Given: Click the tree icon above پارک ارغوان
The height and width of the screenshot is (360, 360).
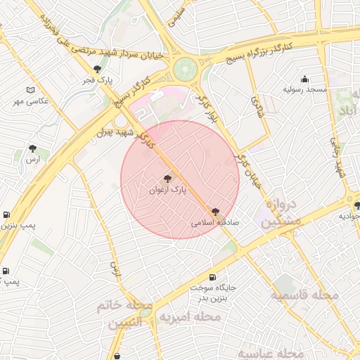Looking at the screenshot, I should point(167,179).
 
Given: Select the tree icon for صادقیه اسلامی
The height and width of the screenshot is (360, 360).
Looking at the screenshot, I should point(215,210).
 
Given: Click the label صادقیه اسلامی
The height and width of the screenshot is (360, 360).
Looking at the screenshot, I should point(215,221).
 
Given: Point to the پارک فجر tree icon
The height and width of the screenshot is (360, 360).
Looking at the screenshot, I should point(97,69).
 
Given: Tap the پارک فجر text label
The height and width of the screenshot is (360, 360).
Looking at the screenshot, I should point(99,80).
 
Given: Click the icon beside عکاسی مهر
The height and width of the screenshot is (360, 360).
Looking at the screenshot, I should point(30,90).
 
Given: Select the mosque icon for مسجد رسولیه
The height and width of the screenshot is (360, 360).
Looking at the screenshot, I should point(304,79).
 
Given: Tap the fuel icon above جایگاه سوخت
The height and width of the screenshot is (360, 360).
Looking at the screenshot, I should point(212,277).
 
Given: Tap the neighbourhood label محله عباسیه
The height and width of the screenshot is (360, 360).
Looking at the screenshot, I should point(270,352).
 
